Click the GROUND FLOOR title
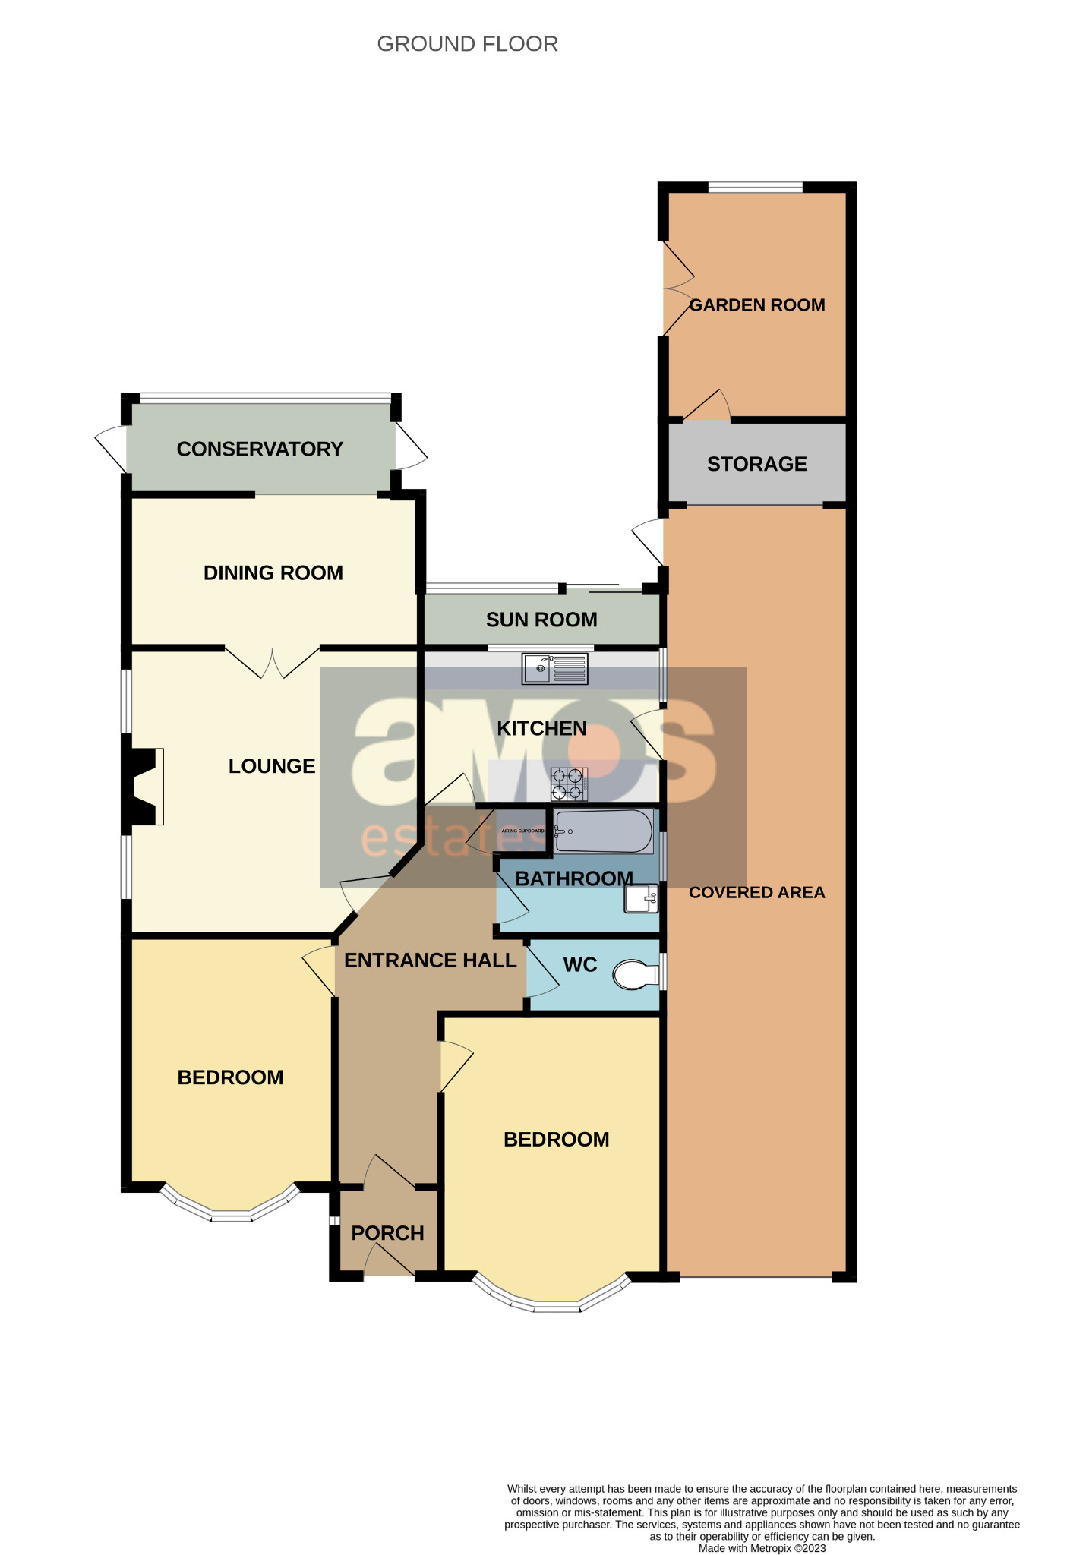pos(467,44)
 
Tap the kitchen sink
pos(556,669)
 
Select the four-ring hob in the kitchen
pos(569,784)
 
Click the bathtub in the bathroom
pos(604,831)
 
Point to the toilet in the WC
pos(635,975)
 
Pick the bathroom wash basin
pos(641,899)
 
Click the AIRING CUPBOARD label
pos(522,831)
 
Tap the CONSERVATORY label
pos(260,449)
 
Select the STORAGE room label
pos(756,464)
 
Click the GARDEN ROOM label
pos(756,305)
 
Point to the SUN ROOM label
pos(541,620)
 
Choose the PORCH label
pos(387,1233)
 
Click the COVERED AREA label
pos(756,892)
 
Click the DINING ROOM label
pos(273,572)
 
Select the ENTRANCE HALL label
pos(430,960)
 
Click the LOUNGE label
pos(272,766)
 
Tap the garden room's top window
pos(755,187)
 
